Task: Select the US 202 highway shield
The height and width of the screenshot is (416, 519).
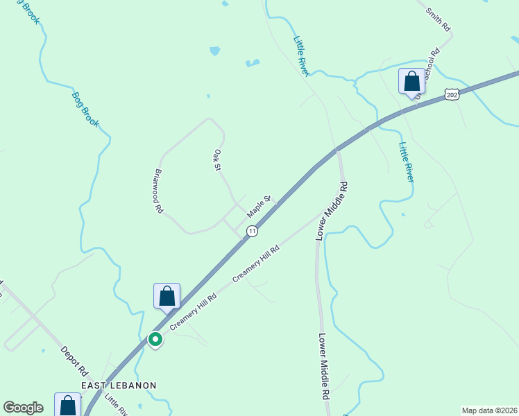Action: (x=452, y=95)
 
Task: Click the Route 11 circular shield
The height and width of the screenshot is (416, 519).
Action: (x=252, y=230)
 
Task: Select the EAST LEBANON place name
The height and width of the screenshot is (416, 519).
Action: (x=119, y=385)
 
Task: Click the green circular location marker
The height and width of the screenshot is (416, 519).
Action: (x=156, y=339)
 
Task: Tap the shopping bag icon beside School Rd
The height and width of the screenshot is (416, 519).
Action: (x=411, y=81)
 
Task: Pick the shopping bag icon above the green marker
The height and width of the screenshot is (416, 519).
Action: (x=167, y=296)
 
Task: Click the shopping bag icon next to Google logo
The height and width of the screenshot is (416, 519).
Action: (x=67, y=405)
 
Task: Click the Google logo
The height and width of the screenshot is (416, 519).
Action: (x=24, y=408)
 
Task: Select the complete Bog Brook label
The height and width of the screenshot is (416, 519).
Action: (x=86, y=109)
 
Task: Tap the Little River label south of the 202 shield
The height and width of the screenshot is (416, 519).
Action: (x=406, y=162)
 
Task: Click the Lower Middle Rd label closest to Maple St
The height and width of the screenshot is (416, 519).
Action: (x=332, y=211)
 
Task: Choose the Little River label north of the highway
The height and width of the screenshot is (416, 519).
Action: (x=303, y=55)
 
